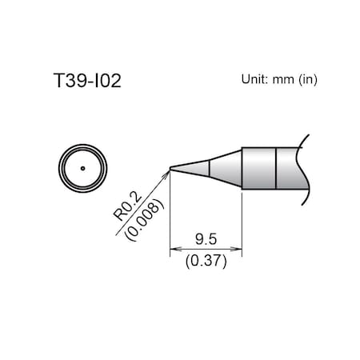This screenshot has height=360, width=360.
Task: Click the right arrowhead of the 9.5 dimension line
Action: pyautogui.click(x=238, y=249)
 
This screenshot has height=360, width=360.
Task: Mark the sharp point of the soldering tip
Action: pyautogui.click(x=170, y=167)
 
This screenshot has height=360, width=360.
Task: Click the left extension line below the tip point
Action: pyautogui.click(x=170, y=216)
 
